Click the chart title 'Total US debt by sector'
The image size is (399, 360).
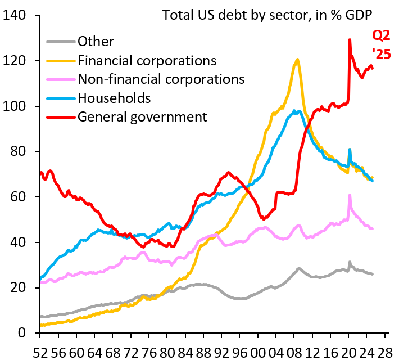(x=267, y=14)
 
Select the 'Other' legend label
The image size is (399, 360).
(x=96, y=41)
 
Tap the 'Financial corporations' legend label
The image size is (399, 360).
(x=147, y=60)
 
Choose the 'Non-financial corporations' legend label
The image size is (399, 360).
(x=161, y=79)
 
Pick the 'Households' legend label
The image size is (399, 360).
(x=115, y=98)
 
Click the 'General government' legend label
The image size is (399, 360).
(x=143, y=117)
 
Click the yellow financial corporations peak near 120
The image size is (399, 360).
(x=297, y=60)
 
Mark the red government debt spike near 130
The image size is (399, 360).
(x=350, y=40)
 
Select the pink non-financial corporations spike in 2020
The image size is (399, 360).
(x=350, y=195)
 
